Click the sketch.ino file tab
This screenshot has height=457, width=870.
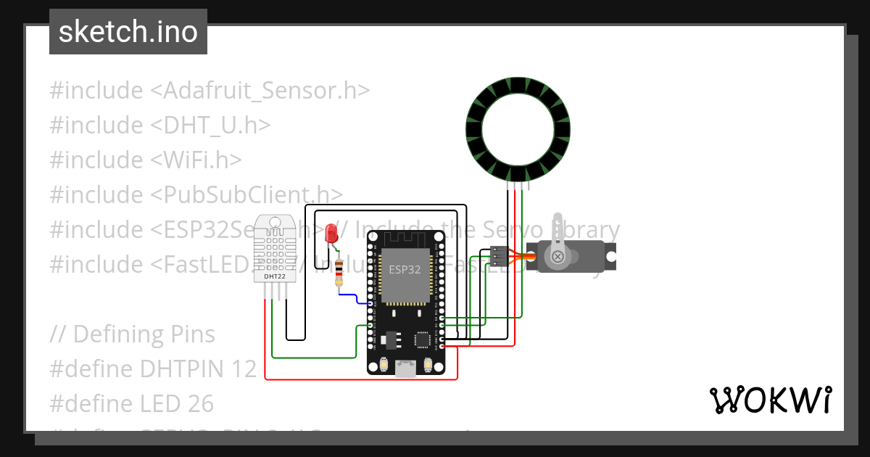point(128,32)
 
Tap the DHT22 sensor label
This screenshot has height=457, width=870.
point(273,276)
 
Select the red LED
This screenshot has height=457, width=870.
point(332,233)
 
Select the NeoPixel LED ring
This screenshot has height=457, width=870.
point(517,128)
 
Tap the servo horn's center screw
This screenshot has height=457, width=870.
point(558,256)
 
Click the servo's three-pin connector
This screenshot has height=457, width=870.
point(499,256)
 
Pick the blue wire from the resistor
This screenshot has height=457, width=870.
point(355,297)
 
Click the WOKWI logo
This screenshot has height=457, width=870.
point(769,400)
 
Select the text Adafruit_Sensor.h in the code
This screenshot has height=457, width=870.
point(260,91)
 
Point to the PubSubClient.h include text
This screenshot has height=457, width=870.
point(246,194)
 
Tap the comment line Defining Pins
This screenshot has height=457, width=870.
point(133,334)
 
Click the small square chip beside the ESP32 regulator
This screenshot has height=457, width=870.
point(422,339)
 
